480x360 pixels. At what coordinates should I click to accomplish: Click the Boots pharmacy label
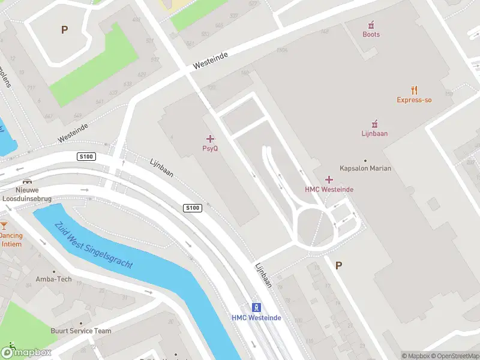pyautogui.click(x=371, y=34)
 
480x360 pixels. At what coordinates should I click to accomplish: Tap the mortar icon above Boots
pyautogui.click(x=371, y=24)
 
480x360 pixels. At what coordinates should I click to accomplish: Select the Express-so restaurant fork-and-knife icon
pyautogui.click(x=414, y=91)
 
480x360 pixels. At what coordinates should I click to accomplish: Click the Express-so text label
pyautogui.click(x=414, y=100)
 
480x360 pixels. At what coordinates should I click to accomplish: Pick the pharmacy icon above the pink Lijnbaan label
pyautogui.click(x=374, y=124)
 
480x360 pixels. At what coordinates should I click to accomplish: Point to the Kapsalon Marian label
pyautogui.click(x=365, y=169)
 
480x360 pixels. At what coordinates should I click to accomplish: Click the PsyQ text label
pyautogui.click(x=210, y=148)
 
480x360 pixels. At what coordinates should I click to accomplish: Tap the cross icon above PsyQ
pyautogui.click(x=210, y=139)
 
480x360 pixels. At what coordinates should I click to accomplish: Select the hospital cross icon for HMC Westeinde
pyautogui.click(x=329, y=179)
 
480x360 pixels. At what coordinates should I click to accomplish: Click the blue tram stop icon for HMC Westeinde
pyautogui.click(x=256, y=307)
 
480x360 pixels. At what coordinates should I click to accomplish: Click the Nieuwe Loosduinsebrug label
pyautogui.click(x=26, y=193)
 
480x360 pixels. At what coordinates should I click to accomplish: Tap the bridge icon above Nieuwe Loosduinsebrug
pyautogui.click(x=26, y=181)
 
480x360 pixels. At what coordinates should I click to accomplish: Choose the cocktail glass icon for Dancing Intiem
pyautogui.click(x=4, y=226)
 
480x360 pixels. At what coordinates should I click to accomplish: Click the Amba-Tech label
pyautogui.click(x=53, y=279)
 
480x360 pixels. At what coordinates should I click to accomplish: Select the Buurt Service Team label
pyautogui.click(x=81, y=331)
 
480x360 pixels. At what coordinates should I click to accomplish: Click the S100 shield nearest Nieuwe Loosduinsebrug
pyautogui.click(x=87, y=157)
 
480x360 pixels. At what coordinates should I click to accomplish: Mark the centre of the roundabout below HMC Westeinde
pyautogui.click(x=313, y=227)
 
